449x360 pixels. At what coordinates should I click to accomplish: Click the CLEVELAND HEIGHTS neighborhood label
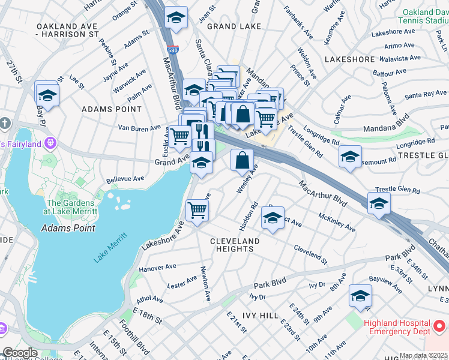tap(235, 245)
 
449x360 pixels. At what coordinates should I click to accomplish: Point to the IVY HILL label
tap(260, 315)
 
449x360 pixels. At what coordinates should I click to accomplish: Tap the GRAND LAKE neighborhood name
tap(234, 26)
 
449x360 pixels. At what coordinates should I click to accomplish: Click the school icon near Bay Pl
tap(47, 94)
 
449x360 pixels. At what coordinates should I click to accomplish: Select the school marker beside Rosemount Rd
tap(350, 157)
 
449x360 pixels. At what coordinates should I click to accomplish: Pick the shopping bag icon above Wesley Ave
tap(242, 161)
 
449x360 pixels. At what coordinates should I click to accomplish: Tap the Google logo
tap(20, 353)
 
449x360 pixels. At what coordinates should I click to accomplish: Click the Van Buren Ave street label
tap(139, 128)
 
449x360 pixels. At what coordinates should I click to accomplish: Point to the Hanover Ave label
tap(157, 267)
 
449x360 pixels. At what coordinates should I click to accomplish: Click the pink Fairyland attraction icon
tap(50, 144)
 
